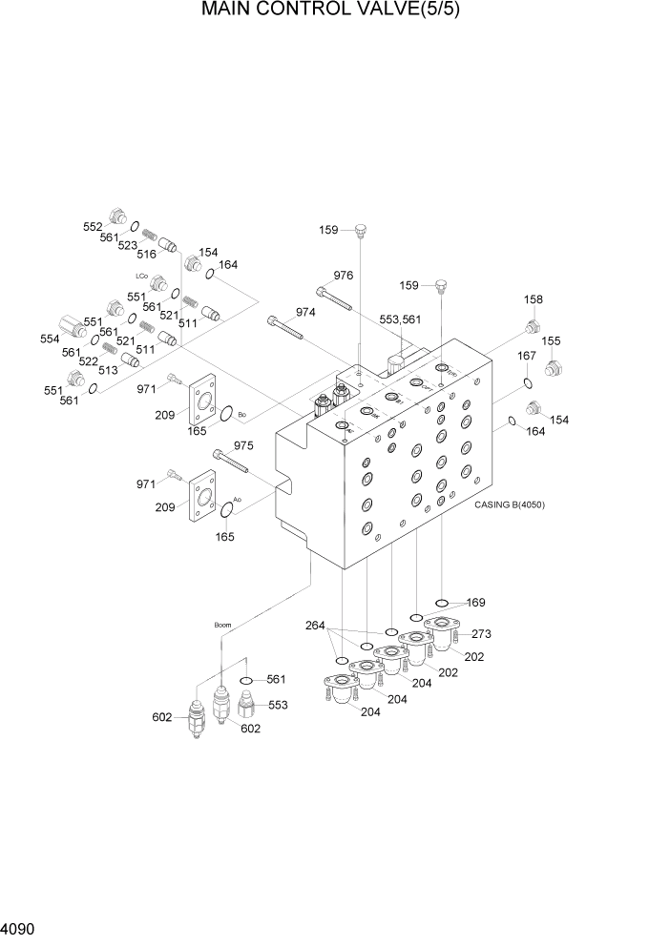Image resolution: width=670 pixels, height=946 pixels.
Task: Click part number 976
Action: [x=344, y=276]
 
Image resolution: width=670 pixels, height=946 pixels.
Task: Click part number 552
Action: [x=93, y=226]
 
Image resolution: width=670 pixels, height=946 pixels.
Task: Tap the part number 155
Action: [x=552, y=341]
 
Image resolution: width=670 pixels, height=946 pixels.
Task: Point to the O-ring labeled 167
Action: [x=527, y=383]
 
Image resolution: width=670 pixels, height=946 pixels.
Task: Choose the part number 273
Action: [x=481, y=633]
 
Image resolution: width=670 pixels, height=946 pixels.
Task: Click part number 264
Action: [x=315, y=626]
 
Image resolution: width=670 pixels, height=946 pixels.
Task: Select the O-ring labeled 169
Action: [x=442, y=603]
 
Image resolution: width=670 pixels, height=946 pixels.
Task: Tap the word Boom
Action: [x=222, y=626]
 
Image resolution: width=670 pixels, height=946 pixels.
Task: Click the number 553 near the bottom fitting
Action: [x=278, y=705]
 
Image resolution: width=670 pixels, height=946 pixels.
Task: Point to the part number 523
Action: [x=127, y=245]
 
